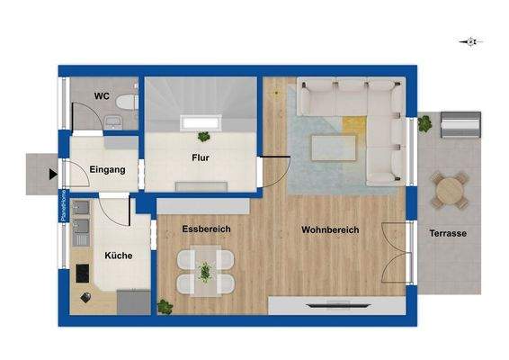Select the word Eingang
[x=107, y=169]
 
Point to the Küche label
[x=118, y=255]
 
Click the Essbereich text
[x=206, y=229]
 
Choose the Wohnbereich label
[x=330, y=230]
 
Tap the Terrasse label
[x=448, y=232]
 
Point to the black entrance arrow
[x=53, y=175]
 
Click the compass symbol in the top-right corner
[x=469, y=41]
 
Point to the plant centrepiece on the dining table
[x=205, y=270]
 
